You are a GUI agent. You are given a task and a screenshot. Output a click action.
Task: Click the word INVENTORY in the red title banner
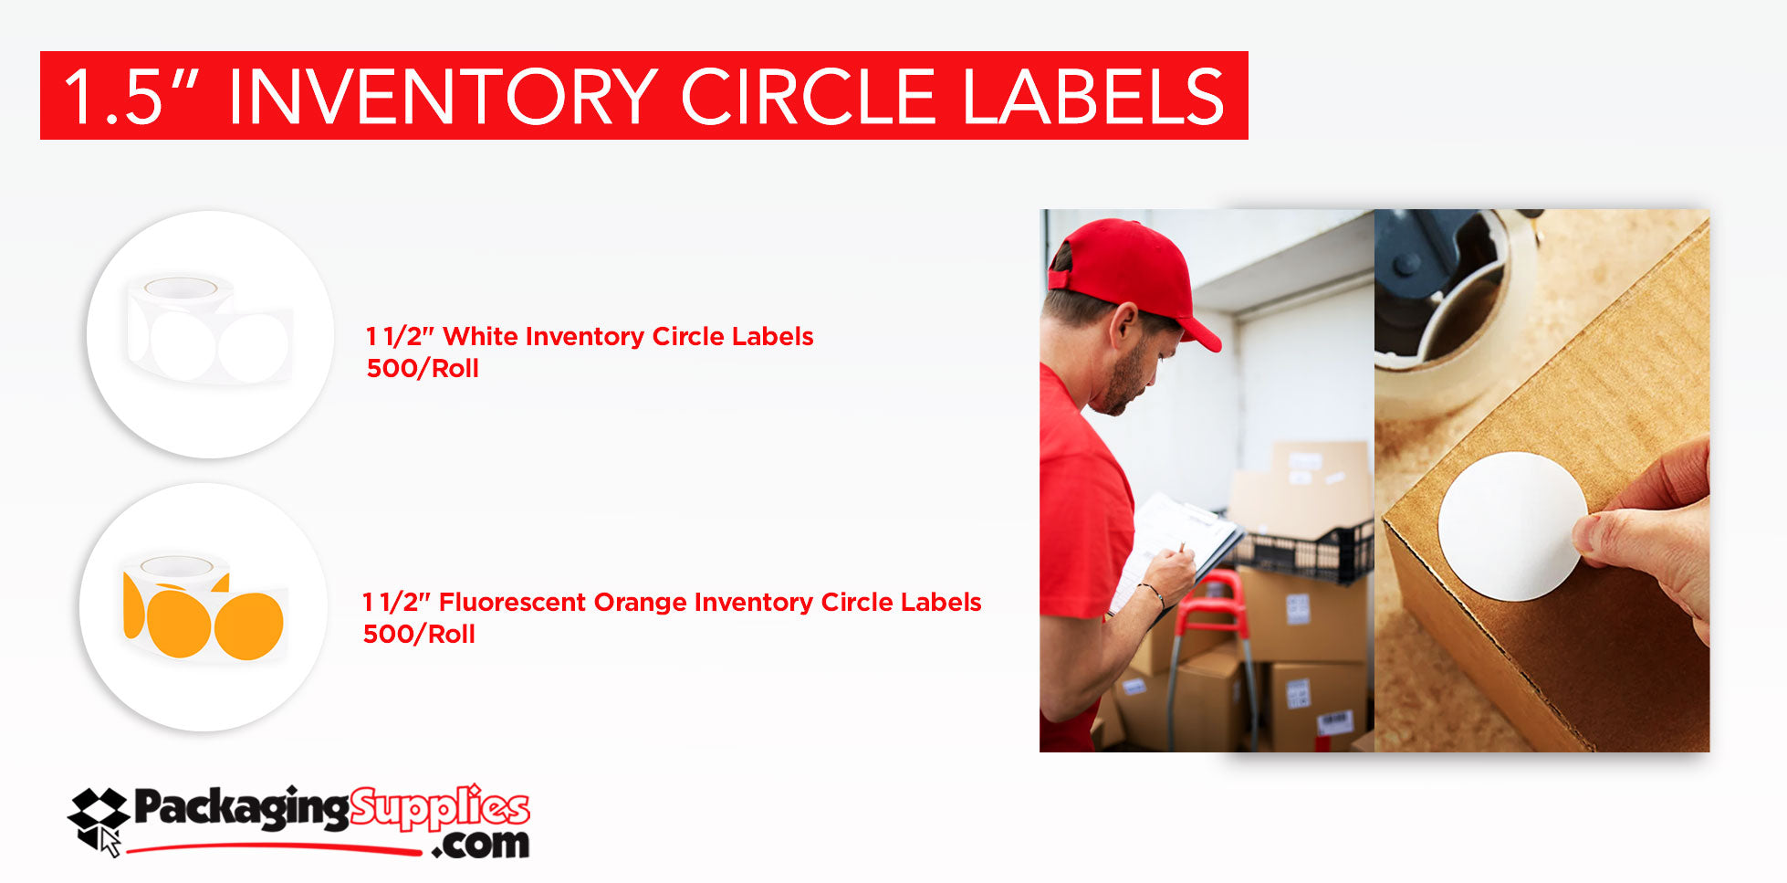pos(442,97)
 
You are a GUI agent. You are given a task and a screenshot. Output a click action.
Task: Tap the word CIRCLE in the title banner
pos(808,97)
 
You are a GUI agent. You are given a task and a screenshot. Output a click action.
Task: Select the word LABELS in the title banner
pos(1092,97)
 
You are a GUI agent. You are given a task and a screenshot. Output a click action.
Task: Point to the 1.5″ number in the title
pos(123,97)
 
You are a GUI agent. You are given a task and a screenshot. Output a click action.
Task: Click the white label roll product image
pos(210,334)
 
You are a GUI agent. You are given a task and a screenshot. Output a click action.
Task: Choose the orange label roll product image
pos(204,607)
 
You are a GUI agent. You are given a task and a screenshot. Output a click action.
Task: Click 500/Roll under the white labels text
pos(423,368)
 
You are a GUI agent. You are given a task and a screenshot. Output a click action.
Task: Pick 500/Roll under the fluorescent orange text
pos(419,634)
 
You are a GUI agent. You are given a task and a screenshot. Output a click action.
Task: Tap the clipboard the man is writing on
pos(1177,548)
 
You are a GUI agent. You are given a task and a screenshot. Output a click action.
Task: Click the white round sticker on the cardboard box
pos(1510,526)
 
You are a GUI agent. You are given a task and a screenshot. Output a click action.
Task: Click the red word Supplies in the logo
pos(439,808)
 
